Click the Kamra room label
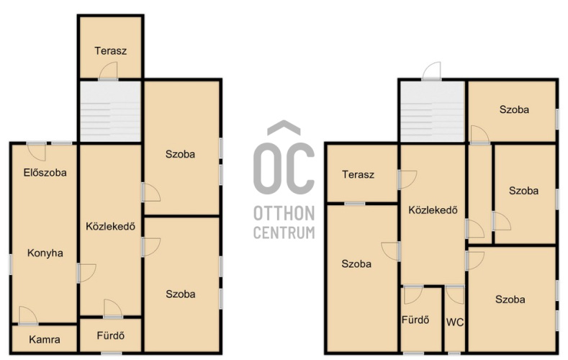[45, 339]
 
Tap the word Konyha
[45, 253]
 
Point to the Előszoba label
[45, 172]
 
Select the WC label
[455, 322]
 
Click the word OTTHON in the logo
[284, 213]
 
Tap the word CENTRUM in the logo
[284, 232]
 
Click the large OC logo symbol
[284, 158]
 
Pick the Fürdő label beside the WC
[415, 320]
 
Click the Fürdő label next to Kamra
[110, 336]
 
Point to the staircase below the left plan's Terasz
[110, 111]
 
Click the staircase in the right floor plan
[432, 111]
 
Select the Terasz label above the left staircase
[110, 50]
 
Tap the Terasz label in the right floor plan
[358, 174]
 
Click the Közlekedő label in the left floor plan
[110, 226]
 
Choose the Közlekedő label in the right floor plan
[433, 210]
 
